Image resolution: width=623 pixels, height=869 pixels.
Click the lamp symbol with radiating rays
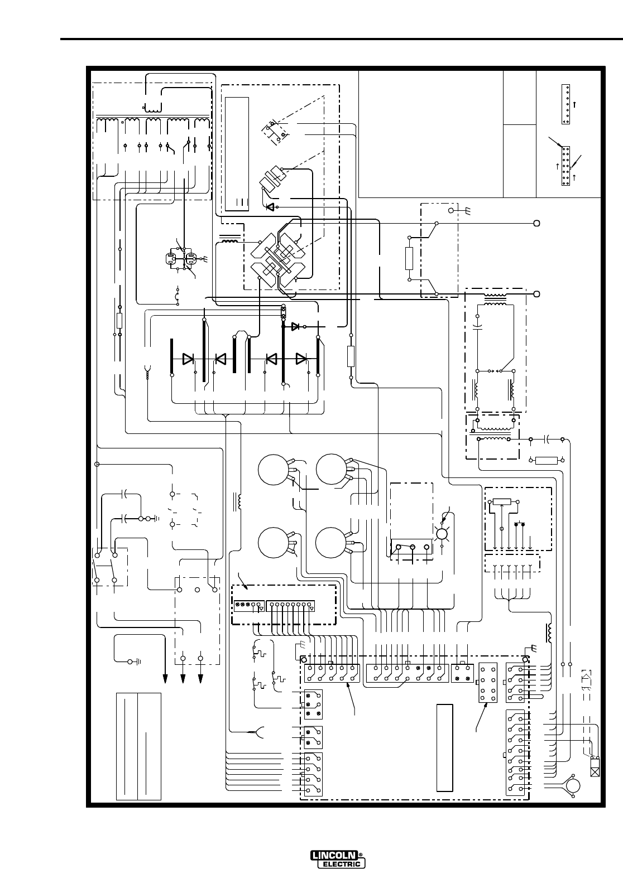click(x=442, y=534)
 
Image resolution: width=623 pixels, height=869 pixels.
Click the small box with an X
click(x=595, y=766)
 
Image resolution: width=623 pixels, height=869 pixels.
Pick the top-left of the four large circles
click(x=274, y=470)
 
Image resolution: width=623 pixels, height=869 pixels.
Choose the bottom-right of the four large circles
click(x=331, y=543)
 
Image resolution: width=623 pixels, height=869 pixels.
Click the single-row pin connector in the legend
click(x=566, y=104)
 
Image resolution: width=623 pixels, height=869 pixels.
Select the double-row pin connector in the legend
click(x=566, y=166)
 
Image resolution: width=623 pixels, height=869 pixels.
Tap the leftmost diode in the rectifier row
click(x=188, y=359)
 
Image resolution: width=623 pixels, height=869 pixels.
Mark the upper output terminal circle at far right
click(x=537, y=224)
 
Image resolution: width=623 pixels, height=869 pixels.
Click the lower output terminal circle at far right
click(x=537, y=294)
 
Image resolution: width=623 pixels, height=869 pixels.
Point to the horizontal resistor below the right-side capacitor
click(x=547, y=461)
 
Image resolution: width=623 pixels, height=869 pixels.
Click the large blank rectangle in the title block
click(x=431, y=134)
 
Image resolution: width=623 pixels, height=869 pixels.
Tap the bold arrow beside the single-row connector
click(x=574, y=104)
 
